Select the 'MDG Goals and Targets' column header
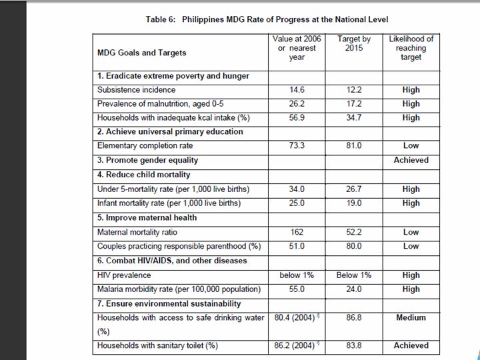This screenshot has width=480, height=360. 142,53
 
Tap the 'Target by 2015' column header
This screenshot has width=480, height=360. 354,44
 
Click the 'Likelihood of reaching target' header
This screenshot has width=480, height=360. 411,48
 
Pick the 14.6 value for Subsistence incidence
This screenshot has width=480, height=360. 297,90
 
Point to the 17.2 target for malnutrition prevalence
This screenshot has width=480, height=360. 354,104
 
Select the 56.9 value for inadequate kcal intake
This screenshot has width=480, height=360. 297,118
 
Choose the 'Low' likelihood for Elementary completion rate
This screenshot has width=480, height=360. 411,146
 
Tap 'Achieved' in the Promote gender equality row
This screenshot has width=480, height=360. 411,160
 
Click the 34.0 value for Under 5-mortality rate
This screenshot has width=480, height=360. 297,189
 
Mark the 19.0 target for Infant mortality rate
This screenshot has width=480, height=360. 354,203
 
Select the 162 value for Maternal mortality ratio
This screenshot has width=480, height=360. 297,232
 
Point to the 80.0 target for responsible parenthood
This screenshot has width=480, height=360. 354,246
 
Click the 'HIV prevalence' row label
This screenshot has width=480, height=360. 124,275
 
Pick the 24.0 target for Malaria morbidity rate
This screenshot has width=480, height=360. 354,289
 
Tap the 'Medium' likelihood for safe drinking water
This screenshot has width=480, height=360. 411,318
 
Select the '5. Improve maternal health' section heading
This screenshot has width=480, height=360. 148,218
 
